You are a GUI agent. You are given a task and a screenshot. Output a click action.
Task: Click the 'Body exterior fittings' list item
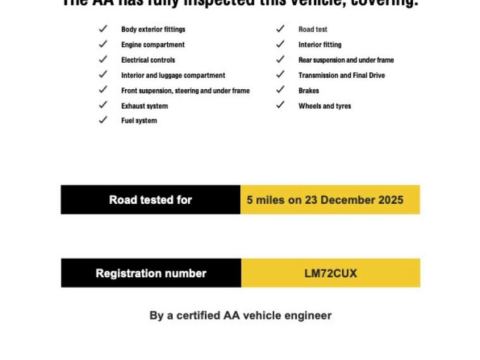(x=153, y=29)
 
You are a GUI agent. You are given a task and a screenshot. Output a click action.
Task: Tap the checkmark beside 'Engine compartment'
(x=103, y=44)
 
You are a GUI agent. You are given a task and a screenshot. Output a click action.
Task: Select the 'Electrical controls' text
(x=148, y=60)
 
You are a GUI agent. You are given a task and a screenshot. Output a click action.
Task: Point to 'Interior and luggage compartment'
(x=173, y=75)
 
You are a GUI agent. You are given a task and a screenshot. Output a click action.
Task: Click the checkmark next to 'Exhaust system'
(x=103, y=105)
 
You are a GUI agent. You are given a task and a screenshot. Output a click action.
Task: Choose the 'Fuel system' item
(x=139, y=121)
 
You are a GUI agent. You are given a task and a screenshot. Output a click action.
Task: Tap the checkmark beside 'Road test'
(x=280, y=29)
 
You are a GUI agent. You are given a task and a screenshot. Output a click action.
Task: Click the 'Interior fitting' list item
(x=319, y=45)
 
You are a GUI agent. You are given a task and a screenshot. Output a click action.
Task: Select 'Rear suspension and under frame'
(x=346, y=60)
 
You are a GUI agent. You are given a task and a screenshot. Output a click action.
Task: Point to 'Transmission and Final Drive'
(x=342, y=75)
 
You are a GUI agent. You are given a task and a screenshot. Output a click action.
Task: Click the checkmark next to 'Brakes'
(x=280, y=90)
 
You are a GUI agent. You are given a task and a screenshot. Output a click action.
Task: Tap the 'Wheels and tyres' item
(x=324, y=106)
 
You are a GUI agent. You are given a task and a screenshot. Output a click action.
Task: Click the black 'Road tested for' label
(x=151, y=200)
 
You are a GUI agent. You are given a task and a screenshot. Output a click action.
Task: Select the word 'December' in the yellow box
(x=350, y=200)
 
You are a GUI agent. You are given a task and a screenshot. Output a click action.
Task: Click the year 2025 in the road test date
(x=391, y=200)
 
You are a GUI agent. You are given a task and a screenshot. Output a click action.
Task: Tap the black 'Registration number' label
(x=151, y=273)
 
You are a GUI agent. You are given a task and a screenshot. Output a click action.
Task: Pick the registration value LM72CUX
(x=331, y=273)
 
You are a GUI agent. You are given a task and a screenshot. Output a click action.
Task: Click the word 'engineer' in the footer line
(x=308, y=315)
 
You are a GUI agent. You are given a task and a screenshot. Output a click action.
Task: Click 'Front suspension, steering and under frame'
(x=185, y=90)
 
